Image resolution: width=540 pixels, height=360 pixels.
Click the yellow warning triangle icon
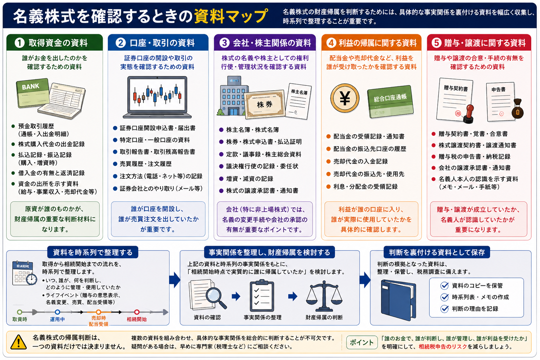pos(18,342)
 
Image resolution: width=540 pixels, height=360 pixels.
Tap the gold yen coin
pos(345,98)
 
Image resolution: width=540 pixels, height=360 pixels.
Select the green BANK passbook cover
pos(33,92)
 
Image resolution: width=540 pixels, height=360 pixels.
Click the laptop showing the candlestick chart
pos(157,97)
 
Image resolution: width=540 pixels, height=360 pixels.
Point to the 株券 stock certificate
pos(265,104)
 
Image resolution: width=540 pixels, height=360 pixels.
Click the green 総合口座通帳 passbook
pos(391,101)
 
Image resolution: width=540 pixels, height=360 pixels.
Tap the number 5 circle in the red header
pos(437,43)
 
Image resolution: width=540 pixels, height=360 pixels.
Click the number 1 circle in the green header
pos(20,43)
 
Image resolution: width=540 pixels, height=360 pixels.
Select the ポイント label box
pos(362,342)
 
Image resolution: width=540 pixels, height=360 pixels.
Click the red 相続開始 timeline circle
pos(137,312)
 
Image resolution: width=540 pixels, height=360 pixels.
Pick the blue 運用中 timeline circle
pos(57,312)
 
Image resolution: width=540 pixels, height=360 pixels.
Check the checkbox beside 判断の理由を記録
pos(444,309)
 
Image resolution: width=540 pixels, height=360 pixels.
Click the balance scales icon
pos(324,296)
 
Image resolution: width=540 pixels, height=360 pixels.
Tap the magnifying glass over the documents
pos(215,297)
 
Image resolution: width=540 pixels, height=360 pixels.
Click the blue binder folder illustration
pos(398,300)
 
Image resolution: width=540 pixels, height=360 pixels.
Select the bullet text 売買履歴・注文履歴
pos(146,164)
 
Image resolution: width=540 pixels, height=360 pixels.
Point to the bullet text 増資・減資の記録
pos(250,179)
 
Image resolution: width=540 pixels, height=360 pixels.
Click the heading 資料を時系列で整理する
pos(93,252)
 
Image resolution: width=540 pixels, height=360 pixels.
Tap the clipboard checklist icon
pos(262,296)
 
